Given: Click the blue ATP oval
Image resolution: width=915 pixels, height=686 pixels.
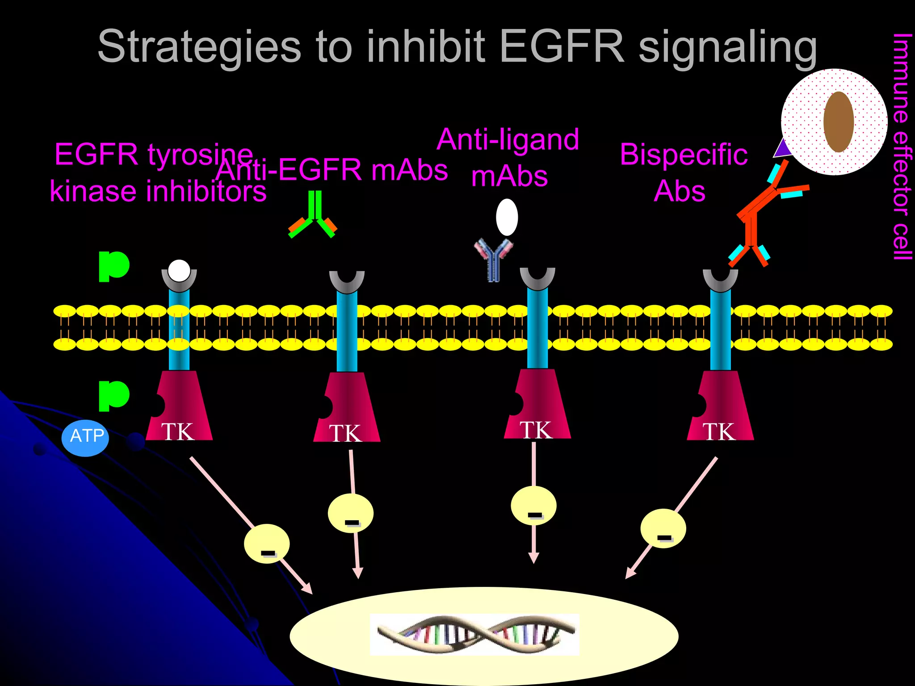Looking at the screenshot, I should click(85, 437).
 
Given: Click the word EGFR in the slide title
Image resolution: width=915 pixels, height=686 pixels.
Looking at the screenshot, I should click(561, 46).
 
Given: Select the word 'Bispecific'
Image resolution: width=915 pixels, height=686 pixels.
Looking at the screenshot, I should click(683, 155).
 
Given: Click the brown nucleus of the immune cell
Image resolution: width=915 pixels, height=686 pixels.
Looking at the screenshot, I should click(839, 122).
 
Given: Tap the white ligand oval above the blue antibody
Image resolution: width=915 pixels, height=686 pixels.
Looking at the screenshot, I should click(507, 217).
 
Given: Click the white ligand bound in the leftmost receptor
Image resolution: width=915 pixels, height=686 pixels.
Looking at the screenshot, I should click(179, 271).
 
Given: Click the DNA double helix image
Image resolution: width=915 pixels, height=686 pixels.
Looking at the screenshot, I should click(474, 635).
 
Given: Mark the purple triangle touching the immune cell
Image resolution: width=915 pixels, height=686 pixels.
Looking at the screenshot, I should click(782, 149).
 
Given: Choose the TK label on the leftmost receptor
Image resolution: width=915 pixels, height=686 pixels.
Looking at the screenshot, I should click(178, 431).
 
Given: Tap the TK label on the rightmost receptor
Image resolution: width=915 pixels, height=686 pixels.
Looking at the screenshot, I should click(719, 431).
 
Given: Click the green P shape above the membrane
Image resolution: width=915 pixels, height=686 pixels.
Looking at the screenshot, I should click(113, 266).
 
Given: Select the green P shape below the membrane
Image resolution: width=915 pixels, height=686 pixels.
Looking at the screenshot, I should click(113, 395).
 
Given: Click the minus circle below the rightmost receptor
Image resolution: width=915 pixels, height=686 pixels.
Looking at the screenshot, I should click(663, 528).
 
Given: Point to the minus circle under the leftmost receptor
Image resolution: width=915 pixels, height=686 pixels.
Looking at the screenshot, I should click(267, 544).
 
